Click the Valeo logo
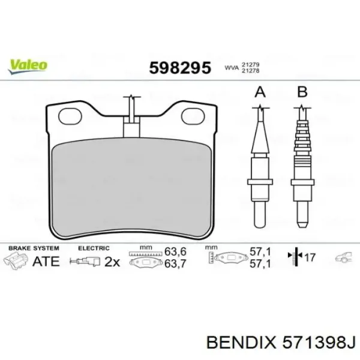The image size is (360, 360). pyautogui.click(x=28, y=67)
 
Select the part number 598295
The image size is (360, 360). pyautogui.click(x=180, y=68)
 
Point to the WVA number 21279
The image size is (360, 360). pyautogui.click(x=250, y=65)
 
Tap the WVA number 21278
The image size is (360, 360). pyautogui.click(x=250, y=71)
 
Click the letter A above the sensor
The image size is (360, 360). pyautogui.click(x=260, y=92)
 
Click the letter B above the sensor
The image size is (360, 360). pyautogui.click(x=302, y=92)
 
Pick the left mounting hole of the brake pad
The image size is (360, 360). pyautogui.click(x=70, y=116)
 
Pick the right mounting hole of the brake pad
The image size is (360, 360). pyautogui.click(x=193, y=116)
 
